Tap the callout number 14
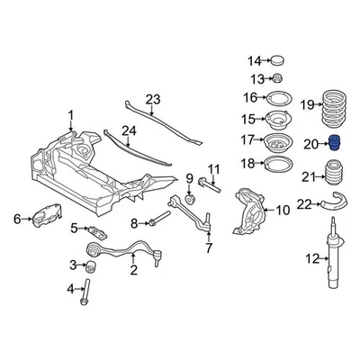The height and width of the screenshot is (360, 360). [254, 61]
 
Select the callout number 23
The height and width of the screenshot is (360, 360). [152, 99]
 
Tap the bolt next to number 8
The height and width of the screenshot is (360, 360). [160, 221]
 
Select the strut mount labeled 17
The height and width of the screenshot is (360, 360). [280, 140]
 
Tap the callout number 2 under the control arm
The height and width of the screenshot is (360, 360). [133, 269]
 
